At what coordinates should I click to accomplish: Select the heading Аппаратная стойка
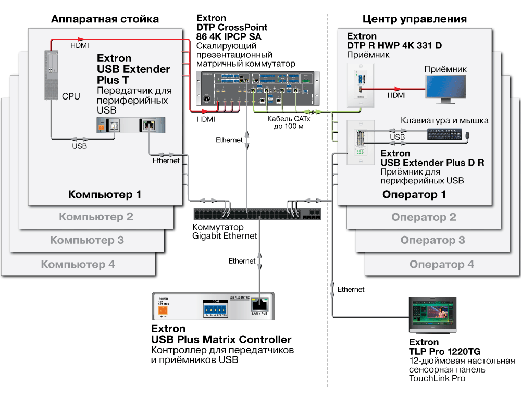point(105,20)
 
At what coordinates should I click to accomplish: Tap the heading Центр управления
point(414,20)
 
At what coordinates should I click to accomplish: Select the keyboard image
point(444,134)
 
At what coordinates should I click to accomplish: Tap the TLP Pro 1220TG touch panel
point(431,315)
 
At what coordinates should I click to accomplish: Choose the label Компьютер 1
point(105,195)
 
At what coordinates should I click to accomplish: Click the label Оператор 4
point(442,265)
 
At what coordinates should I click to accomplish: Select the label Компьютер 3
point(87,240)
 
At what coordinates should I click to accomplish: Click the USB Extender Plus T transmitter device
point(131,126)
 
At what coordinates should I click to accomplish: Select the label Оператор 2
point(424,217)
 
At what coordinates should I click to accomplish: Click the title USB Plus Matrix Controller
point(221,340)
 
